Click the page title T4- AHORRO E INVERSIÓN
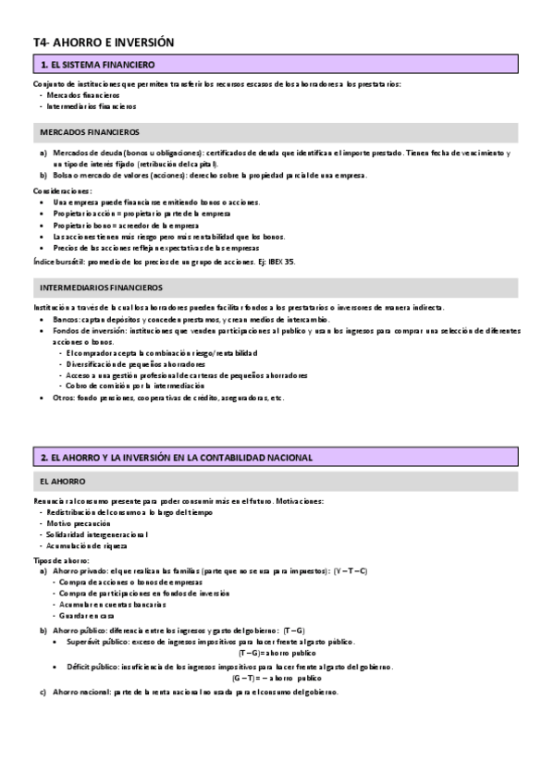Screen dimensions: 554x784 click(x=103, y=43)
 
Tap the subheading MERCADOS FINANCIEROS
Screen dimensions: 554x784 click(x=90, y=132)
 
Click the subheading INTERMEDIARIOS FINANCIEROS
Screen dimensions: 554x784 click(x=102, y=288)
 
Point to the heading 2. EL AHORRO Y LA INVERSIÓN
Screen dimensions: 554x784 click(x=176, y=458)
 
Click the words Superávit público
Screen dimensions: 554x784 click(x=96, y=642)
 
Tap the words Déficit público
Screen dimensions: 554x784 click(x=91, y=667)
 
